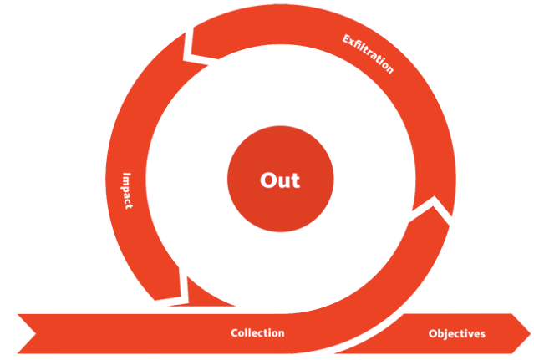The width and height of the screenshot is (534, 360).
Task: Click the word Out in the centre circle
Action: (280, 180)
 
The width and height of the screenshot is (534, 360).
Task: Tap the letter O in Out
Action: (267, 180)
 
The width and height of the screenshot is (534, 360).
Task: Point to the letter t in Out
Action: (296, 180)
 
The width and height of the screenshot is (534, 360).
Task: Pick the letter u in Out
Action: (283, 182)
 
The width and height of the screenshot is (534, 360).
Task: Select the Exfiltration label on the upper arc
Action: (368, 53)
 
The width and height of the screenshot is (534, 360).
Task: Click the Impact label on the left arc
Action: (127, 191)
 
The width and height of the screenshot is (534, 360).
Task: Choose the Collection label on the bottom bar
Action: (257, 332)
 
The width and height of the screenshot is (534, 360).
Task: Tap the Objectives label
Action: (456, 334)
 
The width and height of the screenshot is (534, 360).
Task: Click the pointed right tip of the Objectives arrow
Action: (531, 334)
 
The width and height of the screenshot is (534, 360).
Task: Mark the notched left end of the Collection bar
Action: (35, 334)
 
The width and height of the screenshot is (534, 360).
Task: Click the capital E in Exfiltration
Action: (346, 39)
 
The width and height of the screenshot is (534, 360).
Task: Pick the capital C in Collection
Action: (235, 332)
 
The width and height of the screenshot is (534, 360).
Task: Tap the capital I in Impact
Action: (127, 175)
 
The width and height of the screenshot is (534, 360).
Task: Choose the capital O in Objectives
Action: (433, 334)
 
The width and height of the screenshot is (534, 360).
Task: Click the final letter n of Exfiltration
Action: (389, 69)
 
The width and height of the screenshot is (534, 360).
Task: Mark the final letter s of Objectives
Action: (482, 335)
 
